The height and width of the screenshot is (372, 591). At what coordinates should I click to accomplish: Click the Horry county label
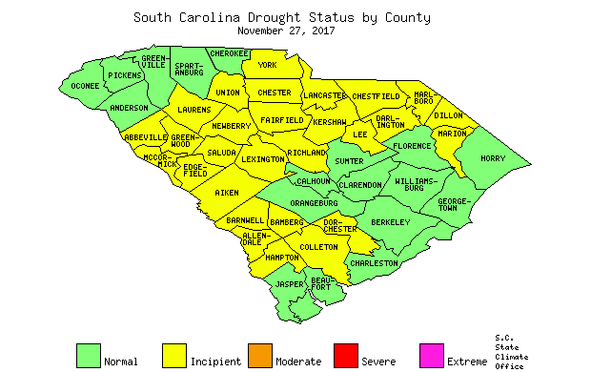click(x=493, y=158)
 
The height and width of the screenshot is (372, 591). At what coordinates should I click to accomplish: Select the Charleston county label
click(x=374, y=262)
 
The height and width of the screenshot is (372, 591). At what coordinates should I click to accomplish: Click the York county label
click(x=267, y=65)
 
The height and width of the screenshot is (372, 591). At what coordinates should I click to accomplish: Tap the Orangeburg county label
click(x=315, y=203)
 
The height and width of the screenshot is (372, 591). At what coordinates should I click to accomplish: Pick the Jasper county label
click(x=290, y=284)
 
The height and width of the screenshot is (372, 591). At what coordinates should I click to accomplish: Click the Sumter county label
click(x=350, y=161)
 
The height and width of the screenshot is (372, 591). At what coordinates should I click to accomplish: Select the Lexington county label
click(x=261, y=160)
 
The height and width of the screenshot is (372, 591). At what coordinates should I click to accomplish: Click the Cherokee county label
click(x=229, y=53)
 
